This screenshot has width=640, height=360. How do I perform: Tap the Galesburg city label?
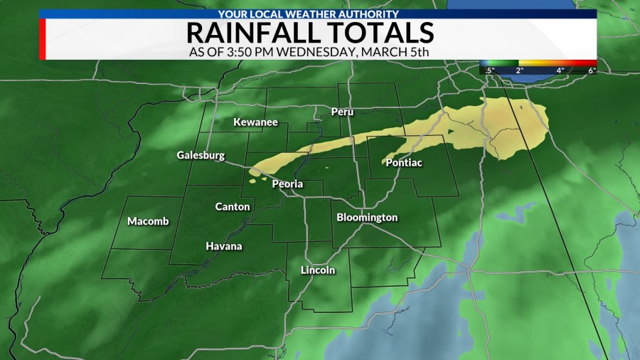coord(201,155)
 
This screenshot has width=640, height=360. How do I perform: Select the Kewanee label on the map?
coord(255,122)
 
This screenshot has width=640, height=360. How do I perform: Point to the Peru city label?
coord(342,112)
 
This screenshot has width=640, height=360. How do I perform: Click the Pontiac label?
coord(404,163)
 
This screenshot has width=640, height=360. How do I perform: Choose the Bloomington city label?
coord(367,217)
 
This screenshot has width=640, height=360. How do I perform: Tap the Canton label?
coord(233,206)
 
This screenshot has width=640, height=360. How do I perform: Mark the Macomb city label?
coord(148,221)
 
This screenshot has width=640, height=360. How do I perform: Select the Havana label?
coord(224,246)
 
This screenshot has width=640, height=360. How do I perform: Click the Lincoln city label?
coord(318,270)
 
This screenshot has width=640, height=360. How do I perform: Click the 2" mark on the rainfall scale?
coord(520,70)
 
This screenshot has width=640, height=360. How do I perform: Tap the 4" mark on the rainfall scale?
coord(560,70)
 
